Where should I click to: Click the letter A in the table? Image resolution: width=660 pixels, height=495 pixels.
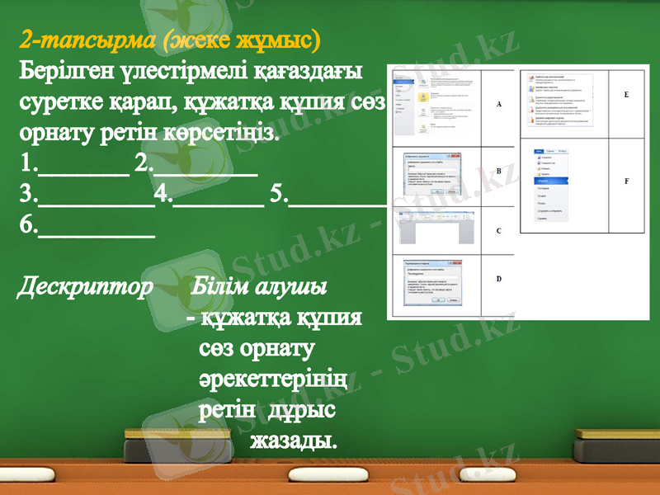pos(499,106)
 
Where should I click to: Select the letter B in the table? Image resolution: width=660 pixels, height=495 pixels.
pos(499,172)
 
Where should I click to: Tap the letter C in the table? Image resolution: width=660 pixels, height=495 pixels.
pos(498,232)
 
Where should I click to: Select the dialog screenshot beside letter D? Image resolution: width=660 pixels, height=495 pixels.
pos(435,284)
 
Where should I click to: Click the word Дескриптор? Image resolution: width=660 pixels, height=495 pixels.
pos(85,287)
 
